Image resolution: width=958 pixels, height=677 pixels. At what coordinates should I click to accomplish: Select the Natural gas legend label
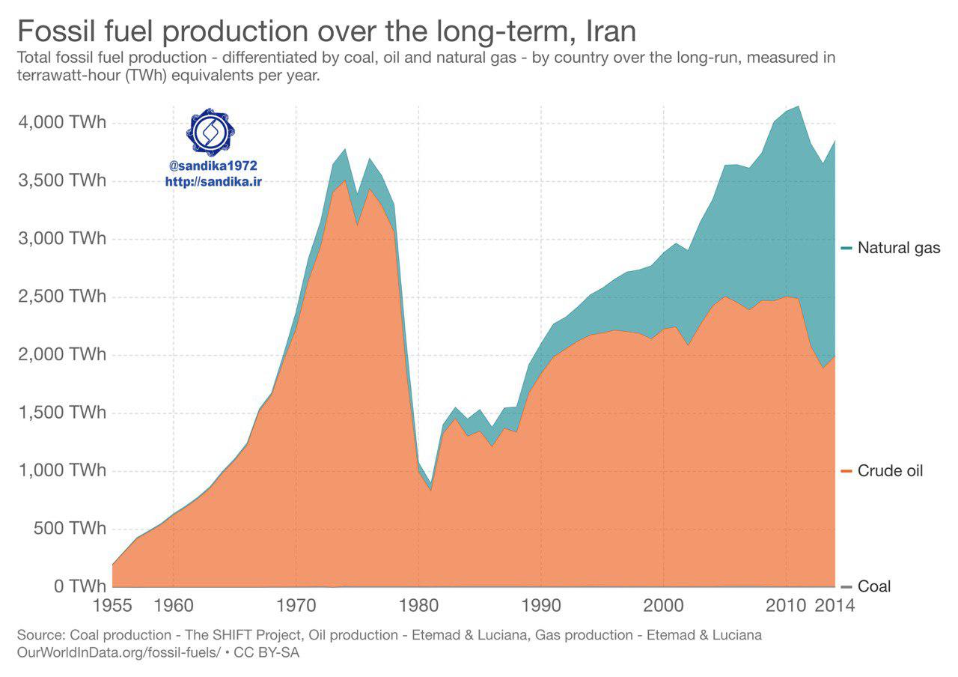898,248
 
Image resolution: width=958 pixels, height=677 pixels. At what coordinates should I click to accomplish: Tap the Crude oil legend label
890,471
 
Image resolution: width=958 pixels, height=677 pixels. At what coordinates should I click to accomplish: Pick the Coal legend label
873,586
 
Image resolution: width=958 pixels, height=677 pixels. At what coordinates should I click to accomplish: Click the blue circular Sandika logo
210,132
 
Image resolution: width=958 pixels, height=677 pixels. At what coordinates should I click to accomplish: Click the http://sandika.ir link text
214,181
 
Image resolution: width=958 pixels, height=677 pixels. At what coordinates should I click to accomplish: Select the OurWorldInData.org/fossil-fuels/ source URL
118,652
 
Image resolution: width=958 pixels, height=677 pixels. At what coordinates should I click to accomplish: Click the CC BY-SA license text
267,652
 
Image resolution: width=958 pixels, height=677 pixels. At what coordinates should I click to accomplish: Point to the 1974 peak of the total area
345,149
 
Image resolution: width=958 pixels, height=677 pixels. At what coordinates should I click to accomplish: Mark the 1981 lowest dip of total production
431,484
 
